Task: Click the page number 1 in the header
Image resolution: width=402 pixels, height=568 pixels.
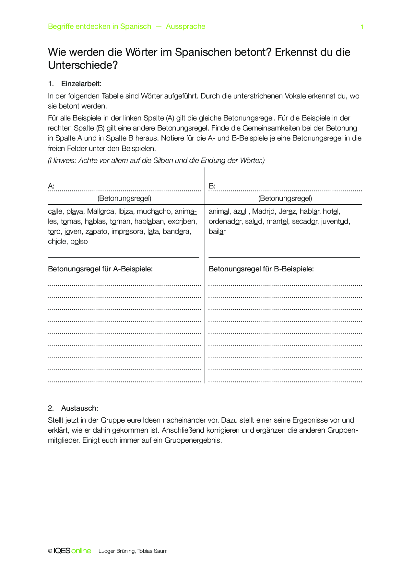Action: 362,27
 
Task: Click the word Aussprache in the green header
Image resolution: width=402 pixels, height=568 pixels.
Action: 185,27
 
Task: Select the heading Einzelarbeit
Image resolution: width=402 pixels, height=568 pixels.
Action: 81,84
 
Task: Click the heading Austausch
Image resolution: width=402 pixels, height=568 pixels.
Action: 79,408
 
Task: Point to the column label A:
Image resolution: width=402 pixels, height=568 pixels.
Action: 51,186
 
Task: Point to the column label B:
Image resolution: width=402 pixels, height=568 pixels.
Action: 212,186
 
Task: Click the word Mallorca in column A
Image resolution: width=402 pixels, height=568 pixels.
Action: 100,211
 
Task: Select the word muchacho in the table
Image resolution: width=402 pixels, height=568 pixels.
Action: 154,211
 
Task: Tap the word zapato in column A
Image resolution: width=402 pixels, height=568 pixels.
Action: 96,232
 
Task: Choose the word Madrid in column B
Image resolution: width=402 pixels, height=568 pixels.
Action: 263,211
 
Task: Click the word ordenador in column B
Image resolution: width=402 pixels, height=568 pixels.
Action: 225,222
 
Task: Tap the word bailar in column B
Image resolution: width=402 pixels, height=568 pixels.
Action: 217,232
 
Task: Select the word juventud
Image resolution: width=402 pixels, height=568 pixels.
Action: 335,222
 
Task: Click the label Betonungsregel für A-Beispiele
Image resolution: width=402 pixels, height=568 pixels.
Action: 100,269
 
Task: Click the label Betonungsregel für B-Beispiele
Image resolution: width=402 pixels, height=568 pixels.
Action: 261,269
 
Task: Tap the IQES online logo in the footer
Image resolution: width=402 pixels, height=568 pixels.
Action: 72,551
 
